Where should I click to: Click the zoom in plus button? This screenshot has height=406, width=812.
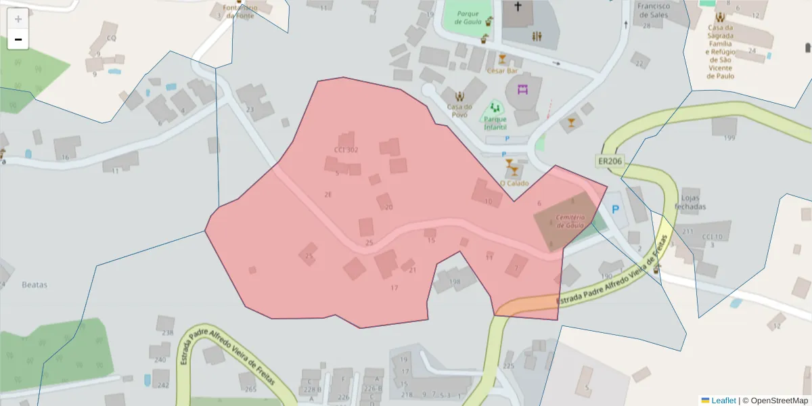(18, 19)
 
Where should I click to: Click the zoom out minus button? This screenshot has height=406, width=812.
(18, 39)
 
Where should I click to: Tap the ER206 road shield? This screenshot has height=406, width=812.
(610, 161)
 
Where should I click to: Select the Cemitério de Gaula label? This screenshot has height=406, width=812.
(570, 221)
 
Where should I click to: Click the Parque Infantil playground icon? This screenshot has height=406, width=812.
(495, 108)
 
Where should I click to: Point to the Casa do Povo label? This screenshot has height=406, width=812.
(459, 110)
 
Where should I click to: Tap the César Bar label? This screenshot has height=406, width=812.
(502, 70)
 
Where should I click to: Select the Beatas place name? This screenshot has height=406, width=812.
(35, 285)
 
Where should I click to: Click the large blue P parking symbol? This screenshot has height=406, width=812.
(614, 210)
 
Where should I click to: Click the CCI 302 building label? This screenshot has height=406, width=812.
(346, 150)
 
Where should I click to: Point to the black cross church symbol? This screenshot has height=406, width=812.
(518, 7)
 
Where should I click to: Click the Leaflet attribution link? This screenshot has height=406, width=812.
(723, 401)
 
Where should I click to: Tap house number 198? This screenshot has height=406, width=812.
(454, 281)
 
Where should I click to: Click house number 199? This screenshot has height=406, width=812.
(729, 138)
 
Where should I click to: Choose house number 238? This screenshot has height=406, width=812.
(168, 332)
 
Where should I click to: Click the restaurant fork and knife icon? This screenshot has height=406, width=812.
(537, 36)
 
